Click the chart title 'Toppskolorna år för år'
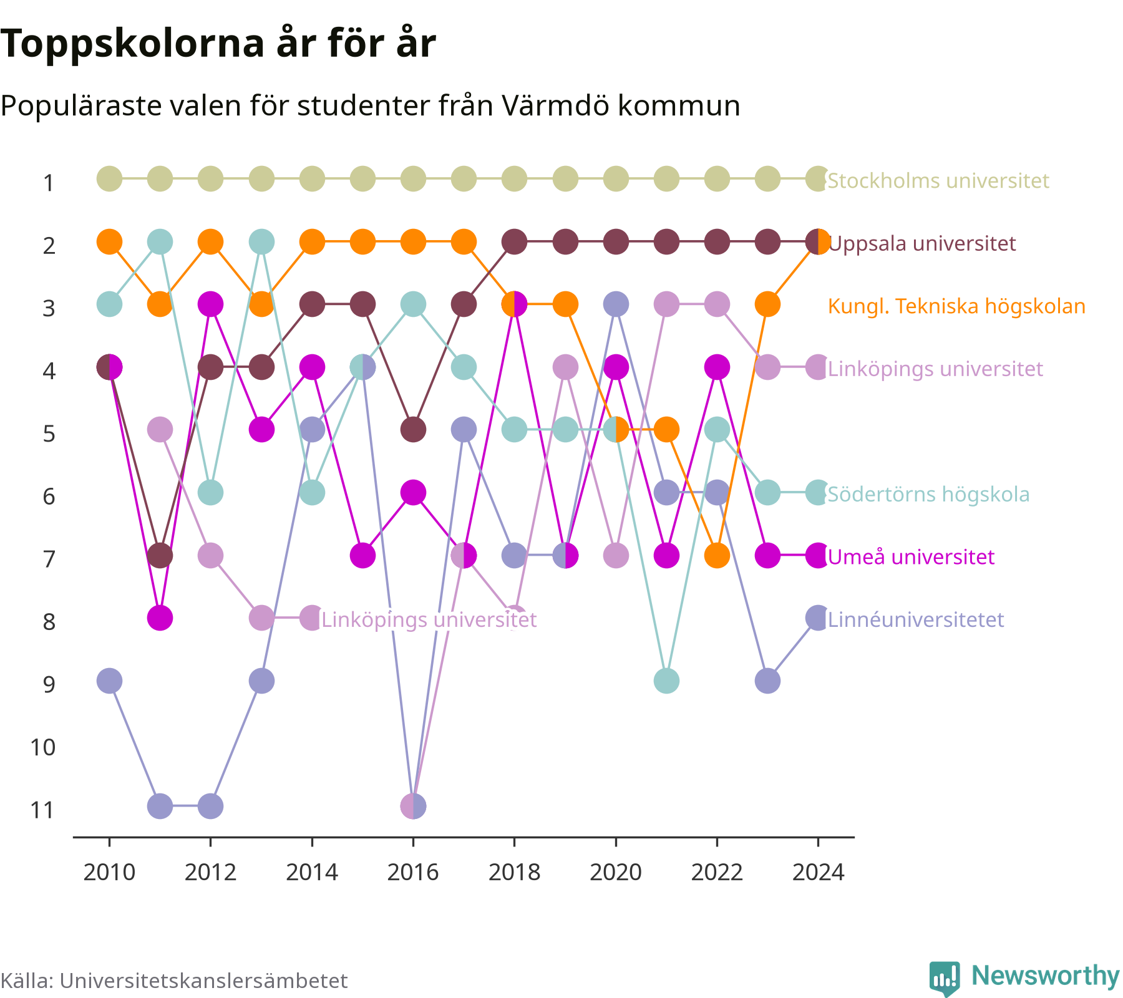click(218, 45)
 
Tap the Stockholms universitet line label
click(938, 181)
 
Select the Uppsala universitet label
click(922, 243)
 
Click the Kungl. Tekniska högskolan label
click(956, 306)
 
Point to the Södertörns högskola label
click(928, 494)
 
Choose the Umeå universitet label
click(911, 556)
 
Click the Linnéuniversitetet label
click(916, 619)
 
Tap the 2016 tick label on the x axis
click(413, 872)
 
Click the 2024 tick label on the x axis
click(818, 872)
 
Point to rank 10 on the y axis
click(43, 747)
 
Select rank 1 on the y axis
click(49, 183)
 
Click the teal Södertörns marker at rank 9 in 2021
click(666, 681)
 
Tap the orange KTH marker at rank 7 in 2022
click(717, 555)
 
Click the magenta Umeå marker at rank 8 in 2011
click(160, 618)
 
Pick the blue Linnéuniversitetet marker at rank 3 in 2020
click(616, 304)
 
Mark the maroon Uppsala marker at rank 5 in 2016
click(413, 430)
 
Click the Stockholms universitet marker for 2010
click(109, 179)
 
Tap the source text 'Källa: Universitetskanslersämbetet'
click(174, 981)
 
